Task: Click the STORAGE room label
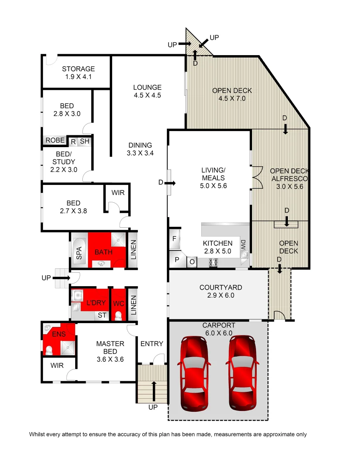click(x=78, y=69)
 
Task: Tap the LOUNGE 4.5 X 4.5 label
click(x=147, y=88)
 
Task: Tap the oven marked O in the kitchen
click(x=191, y=262)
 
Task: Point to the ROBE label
click(x=55, y=140)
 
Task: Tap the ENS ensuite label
click(x=59, y=334)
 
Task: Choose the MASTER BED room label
click(x=110, y=344)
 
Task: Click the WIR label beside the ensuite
click(x=57, y=365)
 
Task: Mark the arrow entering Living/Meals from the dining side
click(x=169, y=183)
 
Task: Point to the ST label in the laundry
click(x=102, y=315)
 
